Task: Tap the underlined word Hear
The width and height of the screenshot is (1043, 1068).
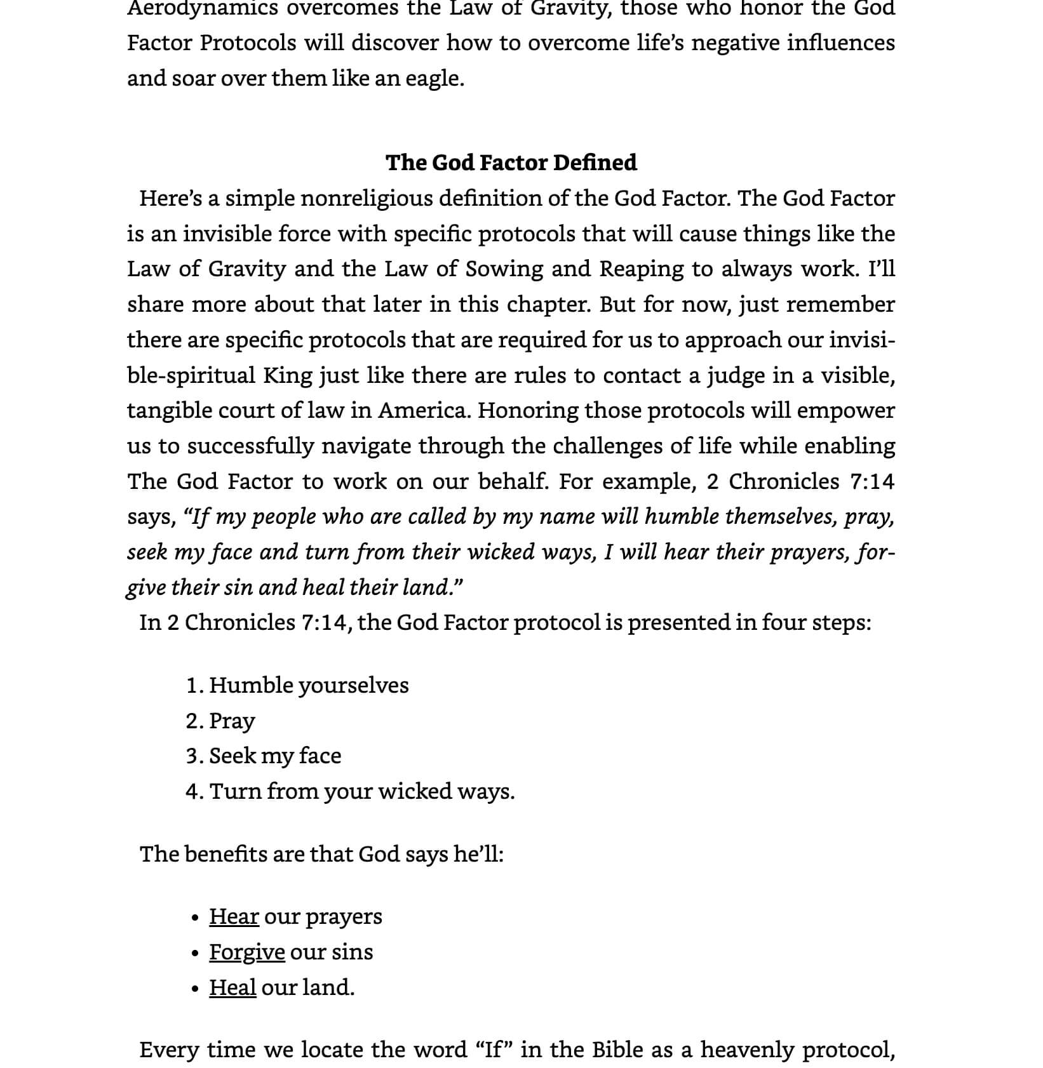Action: point(234,916)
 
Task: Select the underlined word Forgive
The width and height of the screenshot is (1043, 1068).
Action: point(246,952)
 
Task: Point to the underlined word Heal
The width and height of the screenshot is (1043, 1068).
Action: point(232,987)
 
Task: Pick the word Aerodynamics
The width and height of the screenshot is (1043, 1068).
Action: point(203,8)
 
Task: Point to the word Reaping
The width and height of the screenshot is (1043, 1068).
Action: point(642,269)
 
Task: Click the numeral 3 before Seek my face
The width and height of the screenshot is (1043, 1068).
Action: point(192,756)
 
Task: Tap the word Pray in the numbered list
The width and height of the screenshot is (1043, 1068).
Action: point(232,721)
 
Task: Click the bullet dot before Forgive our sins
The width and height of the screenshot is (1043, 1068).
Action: point(195,953)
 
